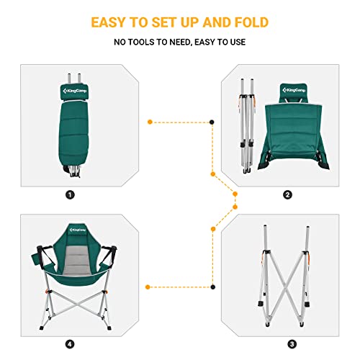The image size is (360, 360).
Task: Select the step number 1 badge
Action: [x=70, y=194]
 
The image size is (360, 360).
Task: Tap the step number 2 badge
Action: [x=287, y=194]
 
